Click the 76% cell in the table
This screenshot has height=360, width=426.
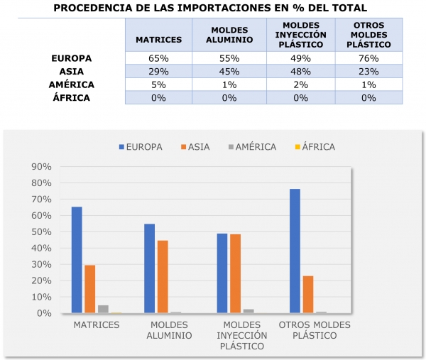point(368,58)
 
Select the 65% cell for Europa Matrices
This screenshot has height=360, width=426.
point(158,58)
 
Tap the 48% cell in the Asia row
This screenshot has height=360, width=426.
point(298,72)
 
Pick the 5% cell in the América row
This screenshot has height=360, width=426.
point(158,84)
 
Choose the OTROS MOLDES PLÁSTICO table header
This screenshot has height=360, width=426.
point(368,36)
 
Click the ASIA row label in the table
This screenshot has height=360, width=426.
point(72,72)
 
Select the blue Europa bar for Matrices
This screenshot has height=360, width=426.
point(77,260)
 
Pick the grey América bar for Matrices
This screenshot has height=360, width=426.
point(103,309)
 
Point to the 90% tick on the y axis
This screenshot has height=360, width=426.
point(41,167)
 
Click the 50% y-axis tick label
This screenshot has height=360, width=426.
point(41,232)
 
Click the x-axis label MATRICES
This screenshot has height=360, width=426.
point(95,324)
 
